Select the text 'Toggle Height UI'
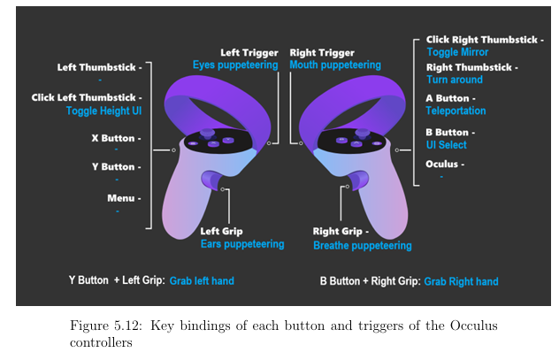103,111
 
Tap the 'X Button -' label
116,138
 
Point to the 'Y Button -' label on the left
116,166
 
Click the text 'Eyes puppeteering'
237,65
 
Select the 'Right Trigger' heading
322,52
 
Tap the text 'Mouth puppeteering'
335,65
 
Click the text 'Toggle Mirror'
457,52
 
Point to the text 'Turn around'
455,80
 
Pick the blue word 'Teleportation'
456,111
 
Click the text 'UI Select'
447,144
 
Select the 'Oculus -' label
445,164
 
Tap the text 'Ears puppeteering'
241,244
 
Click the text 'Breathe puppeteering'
363,245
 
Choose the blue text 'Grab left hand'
202,281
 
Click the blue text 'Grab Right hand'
461,281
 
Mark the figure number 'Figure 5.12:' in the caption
107,326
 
